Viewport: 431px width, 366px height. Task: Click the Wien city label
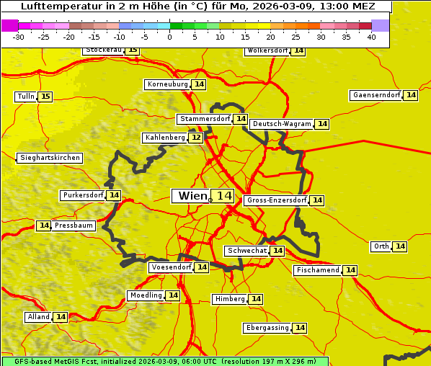click(x=192, y=196)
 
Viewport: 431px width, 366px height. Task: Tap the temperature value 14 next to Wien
click(x=223, y=196)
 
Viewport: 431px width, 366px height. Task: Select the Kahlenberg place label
click(x=165, y=138)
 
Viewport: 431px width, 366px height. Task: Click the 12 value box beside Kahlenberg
click(x=196, y=138)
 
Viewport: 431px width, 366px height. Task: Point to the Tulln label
click(x=25, y=97)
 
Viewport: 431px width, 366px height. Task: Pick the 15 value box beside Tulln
click(x=45, y=97)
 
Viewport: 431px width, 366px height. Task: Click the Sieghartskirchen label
click(x=49, y=158)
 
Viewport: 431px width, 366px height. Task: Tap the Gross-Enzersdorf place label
click(x=276, y=200)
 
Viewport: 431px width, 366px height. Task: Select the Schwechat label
click(x=246, y=251)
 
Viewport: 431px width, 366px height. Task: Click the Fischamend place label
click(x=317, y=270)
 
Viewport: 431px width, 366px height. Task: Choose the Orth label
click(x=381, y=246)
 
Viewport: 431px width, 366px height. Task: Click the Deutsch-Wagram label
click(x=282, y=124)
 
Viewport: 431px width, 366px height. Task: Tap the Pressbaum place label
click(x=74, y=226)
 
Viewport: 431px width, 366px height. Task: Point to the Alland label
click(x=38, y=317)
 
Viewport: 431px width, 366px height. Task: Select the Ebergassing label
click(x=267, y=328)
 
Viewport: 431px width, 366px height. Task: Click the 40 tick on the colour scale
click(x=371, y=37)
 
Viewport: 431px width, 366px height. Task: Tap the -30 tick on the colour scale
click(x=19, y=37)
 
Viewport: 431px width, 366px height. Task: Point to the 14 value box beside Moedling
click(x=173, y=295)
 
